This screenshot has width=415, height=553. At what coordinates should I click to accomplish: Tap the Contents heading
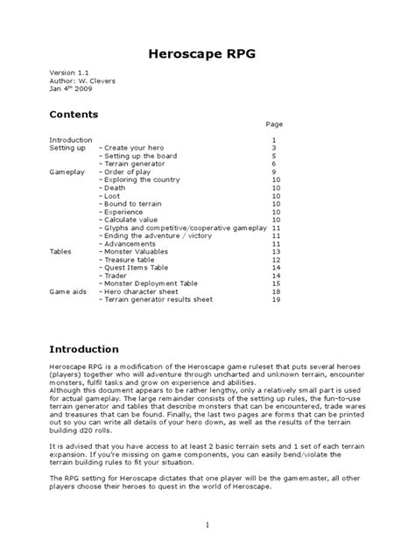point(74,115)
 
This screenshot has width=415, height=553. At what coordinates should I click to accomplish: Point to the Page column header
point(274,123)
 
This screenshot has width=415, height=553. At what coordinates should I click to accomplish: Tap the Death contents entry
point(115,188)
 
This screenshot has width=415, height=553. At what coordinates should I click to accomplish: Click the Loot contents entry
point(113,196)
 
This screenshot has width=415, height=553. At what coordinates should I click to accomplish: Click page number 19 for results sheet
point(275,299)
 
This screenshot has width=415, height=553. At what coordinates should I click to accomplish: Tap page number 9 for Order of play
point(274,172)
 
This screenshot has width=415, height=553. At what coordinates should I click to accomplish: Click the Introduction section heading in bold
point(84,349)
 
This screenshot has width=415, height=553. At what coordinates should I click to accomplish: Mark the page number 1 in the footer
point(207,526)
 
